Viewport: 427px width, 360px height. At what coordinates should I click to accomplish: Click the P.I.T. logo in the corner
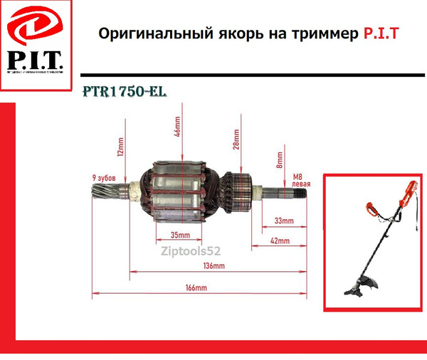(35, 44)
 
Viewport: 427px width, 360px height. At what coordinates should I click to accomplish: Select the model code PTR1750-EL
(122, 92)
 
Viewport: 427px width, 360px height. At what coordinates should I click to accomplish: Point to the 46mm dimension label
(177, 130)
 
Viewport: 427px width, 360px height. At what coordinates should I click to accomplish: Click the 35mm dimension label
(179, 235)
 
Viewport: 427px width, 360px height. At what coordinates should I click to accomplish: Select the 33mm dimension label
(283, 221)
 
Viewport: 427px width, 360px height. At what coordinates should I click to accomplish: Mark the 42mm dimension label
(279, 242)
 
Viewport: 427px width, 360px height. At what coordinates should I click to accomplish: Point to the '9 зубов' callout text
(105, 176)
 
